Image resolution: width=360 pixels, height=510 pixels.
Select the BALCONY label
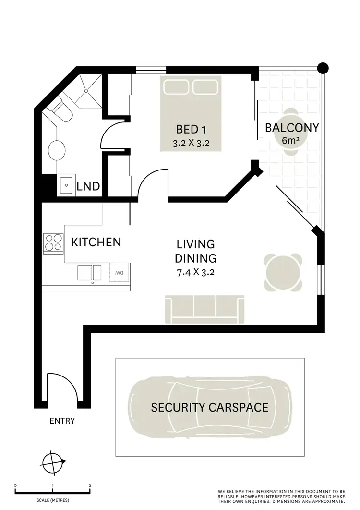[x=292, y=128]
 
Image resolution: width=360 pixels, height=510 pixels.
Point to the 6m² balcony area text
[x=292, y=141]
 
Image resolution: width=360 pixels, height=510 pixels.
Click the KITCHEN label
[x=96, y=242]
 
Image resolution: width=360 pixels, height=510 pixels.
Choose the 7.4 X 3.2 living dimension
[x=195, y=272]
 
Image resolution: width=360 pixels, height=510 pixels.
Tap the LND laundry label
[x=88, y=186]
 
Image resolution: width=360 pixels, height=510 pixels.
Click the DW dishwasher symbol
[x=119, y=272]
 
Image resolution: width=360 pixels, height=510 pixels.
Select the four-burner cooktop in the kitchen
[x=53, y=243]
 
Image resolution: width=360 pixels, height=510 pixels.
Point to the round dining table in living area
[x=284, y=272]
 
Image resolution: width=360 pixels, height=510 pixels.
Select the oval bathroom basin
[x=56, y=150]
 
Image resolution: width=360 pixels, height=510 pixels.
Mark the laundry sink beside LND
[x=66, y=185]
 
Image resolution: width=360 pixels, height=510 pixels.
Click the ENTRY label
[x=62, y=421]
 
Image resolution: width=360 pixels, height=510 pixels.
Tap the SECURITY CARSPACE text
[x=210, y=408]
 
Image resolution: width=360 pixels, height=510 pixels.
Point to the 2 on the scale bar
[x=90, y=486]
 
